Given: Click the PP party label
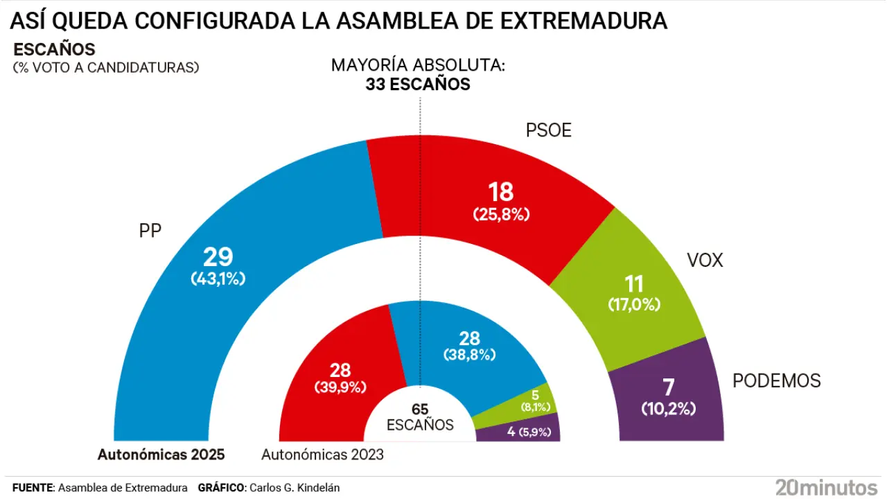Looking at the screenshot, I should pos(150,231).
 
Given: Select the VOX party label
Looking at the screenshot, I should pos(704,261).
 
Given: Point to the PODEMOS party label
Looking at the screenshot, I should pos(776,380).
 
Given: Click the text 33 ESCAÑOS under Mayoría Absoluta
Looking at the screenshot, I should pos(418,85).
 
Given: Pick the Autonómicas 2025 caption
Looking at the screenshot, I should pos(161,455).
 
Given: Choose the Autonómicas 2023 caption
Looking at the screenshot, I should pos(322,455).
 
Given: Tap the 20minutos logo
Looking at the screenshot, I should pos(826,487).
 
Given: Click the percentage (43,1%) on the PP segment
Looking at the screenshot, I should pos(218,279).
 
